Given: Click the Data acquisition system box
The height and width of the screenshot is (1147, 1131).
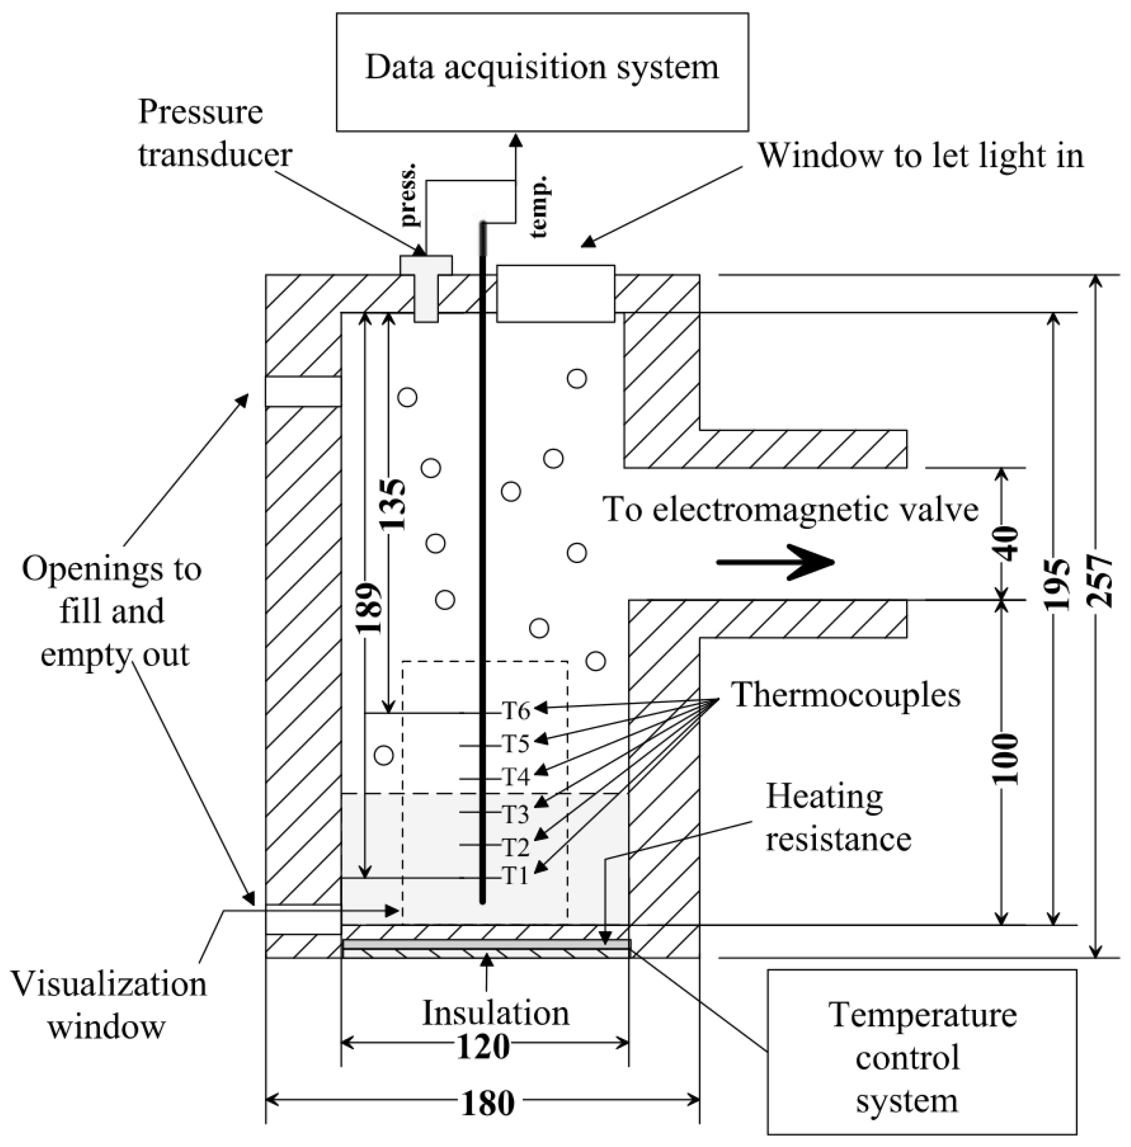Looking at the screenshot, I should (x=542, y=71).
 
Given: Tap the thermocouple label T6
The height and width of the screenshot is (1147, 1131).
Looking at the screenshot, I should (x=515, y=710).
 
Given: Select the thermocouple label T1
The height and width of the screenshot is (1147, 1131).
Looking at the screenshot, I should (x=515, y=875).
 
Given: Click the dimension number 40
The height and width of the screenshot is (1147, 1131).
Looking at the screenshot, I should (x=1005, y=544).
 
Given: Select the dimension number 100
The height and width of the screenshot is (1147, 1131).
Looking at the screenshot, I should (x=1005, y=759).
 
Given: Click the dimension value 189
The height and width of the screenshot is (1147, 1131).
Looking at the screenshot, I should (x=369, y=609).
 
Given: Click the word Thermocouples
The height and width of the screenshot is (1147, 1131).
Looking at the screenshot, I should (x=845, y=695).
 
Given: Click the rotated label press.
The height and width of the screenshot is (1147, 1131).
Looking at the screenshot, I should (x=409, y=197).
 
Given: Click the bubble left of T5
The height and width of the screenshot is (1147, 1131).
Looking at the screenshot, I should (x=384, y=755).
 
